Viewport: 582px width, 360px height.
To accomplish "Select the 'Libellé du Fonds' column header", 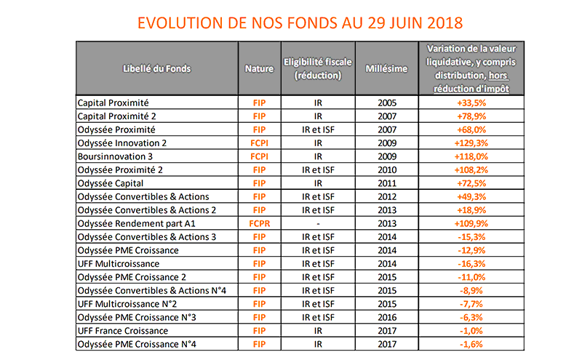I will (157, 68).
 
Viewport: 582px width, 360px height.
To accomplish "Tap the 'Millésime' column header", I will (388, 68).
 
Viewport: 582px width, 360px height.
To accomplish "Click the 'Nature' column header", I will (259, 68).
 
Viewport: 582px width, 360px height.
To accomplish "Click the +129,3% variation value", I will (466, 143).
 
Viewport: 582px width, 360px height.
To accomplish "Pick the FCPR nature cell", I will (259, 223).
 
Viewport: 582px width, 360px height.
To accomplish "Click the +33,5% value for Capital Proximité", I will (466, 103).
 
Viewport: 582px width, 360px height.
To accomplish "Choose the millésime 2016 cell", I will (388, 317).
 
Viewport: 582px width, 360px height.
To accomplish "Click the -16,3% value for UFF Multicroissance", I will (466, 263).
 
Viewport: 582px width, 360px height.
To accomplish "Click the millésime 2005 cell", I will (388, 103).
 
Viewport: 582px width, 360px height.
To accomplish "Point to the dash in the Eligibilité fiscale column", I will (318, 223).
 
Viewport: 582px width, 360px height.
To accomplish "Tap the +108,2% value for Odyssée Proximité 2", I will (466, 169).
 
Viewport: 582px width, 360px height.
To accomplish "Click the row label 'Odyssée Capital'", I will (110, 183).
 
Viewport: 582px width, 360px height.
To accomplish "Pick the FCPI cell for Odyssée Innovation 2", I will (259, 143).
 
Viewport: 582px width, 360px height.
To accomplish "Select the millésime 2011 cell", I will (388, 183).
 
